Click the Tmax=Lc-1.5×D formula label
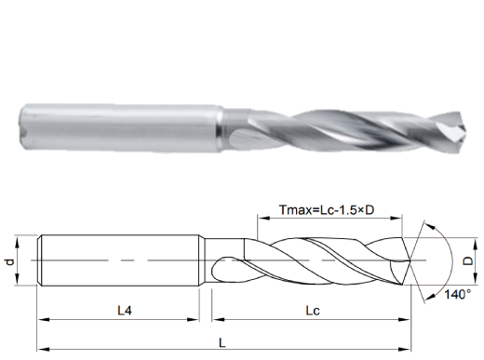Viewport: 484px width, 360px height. pyautogui.click(x=327, y=210)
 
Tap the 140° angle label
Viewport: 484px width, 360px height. pyautogui.click(x=458, y=294)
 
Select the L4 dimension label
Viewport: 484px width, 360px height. pyautogui.click(x=125, y=311)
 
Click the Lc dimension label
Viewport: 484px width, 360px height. pyautogui.click(x=313, y=311)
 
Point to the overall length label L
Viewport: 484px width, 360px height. pyautogui.click(x=222, y=342)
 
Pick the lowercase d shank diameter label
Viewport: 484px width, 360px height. pyautogui.click(x=10, y=262)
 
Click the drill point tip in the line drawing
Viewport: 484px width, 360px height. pyautogui.click(x=410, y=261)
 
